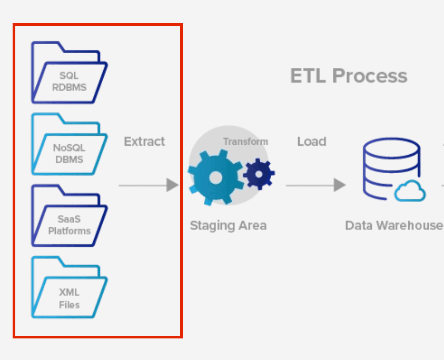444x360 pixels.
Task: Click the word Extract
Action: tap(144, 142)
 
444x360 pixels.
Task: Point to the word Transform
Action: tap(245, 142)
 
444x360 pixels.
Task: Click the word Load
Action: tap(312, 142)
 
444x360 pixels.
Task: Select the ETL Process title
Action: tap(349, 76)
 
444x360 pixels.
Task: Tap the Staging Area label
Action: tap(228, 226)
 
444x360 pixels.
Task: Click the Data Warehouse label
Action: tap(394, 226)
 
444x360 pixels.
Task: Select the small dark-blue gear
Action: tap(259, 172)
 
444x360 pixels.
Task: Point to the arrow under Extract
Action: tap(149, 185)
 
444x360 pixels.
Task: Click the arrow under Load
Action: tap(315, 185)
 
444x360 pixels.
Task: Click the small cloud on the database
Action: tap(410, 191)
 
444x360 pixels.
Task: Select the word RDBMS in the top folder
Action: tap(69, 87)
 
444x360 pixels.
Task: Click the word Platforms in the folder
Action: tap(69, 231)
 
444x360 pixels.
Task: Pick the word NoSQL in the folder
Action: tap(69, 148)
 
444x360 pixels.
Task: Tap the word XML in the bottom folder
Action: tap(69, 293)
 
